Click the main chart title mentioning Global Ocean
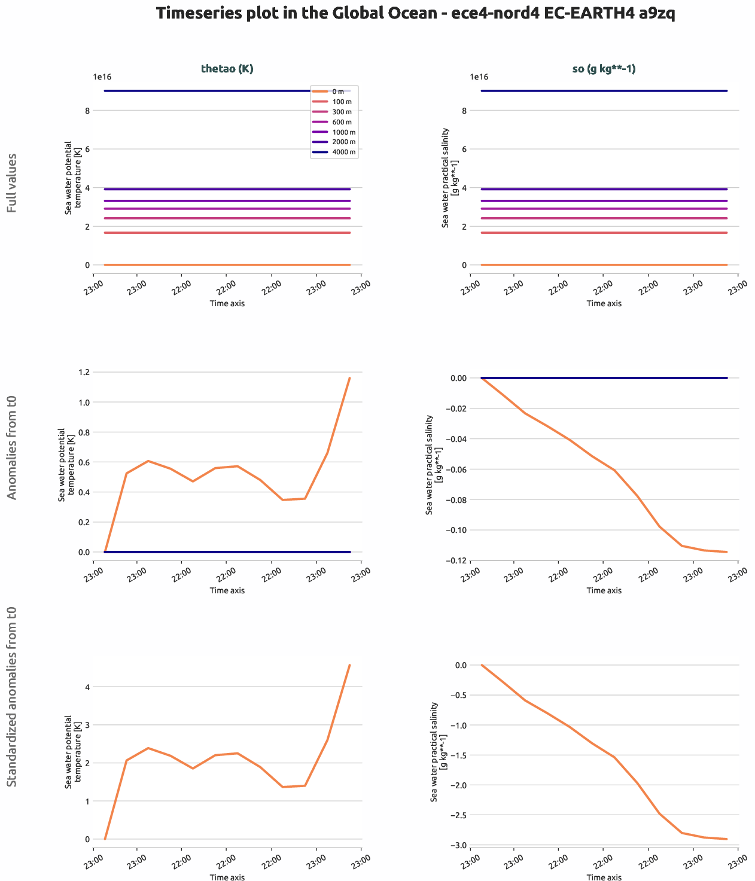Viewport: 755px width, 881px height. (x=415, y=14)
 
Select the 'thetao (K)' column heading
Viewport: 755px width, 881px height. (x=227, y=69)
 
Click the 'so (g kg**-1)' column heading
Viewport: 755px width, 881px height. (x=604, y=69)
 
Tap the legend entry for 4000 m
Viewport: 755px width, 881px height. (x=334, y=153)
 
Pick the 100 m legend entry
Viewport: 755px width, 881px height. (x=334, y=102)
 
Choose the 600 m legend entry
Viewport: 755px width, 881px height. (x=334, y=122)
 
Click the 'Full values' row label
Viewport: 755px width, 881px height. (x=12, y=183)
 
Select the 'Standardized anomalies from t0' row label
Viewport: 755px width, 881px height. (x=12, y=697)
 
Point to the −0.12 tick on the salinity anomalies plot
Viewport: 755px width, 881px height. (x=456, y=560)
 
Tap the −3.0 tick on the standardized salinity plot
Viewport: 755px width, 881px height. (x=459, y=845)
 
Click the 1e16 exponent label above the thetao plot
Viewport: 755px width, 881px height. (x=102, y=77)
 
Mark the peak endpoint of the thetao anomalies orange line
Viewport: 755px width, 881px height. (x=349, y=378)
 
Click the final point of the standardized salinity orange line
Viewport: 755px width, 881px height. (x=726, y=839)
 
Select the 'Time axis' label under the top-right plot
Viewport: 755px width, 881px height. (x=604, y=303)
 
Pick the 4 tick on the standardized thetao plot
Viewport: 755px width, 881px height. (x=87, y=687)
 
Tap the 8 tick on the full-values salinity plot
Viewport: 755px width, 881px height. (x=464, y=111)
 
